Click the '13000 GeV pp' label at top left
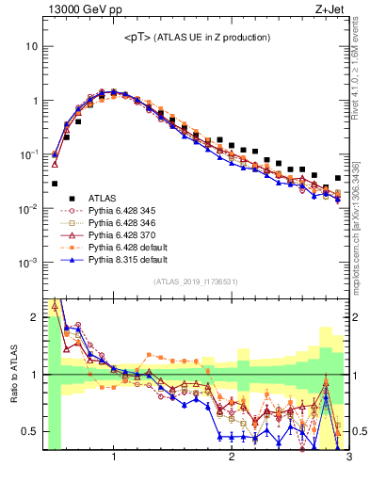point(80,9)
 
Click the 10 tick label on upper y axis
point(32,46)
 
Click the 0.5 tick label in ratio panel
point(30,431)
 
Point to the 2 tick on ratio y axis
point(35,317)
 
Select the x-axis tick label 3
point(348,458)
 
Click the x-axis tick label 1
point(114,458)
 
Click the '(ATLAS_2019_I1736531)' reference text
point(196,281)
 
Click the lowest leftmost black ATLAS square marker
point(55,184)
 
